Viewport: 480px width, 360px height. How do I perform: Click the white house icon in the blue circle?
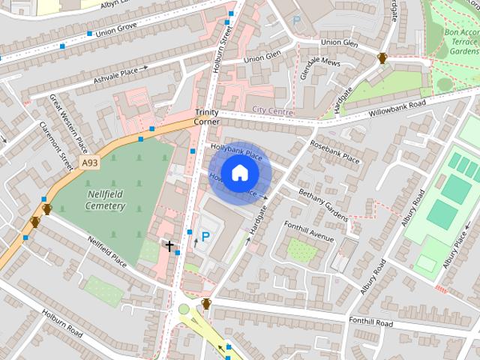click(x=239, y=172)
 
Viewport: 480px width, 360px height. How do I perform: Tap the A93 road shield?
click(x=90, y=163)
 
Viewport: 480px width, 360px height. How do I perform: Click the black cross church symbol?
click(x=169, y=245)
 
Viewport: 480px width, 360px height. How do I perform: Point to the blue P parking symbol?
click(x=205, y=237)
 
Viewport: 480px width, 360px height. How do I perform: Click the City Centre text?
click(x=271, y=110)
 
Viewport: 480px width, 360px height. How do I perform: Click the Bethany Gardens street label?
click(x=323, y=204)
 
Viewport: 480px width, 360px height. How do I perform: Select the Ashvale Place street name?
click(x=115, y=72)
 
